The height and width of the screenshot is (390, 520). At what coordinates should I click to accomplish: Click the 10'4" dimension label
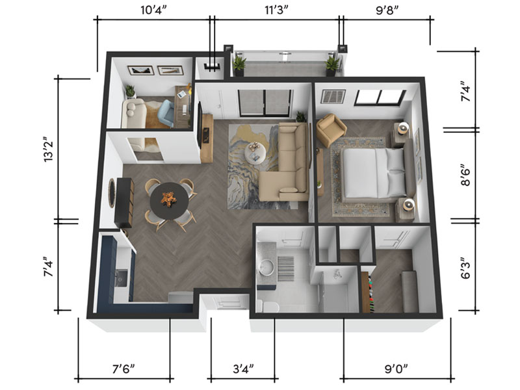pyautogui.click(x=153, y=10)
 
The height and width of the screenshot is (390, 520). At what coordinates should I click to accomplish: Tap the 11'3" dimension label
pyautogui.click(x=276, y=10)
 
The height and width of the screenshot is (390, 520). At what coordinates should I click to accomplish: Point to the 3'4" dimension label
pyautogui.click(x=243, y=369)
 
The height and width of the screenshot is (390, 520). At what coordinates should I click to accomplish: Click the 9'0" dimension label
pyautogui.click(x=396, y=369)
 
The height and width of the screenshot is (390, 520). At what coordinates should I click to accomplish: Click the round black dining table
pyautogui.click(x=169, y=201)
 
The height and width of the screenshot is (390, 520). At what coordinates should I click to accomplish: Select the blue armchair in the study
pyautogui.click(x=166, y=112)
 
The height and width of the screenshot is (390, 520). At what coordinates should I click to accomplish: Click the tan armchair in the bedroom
pyautogui.click(x=331, y=129)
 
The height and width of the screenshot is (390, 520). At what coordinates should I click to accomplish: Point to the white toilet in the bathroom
pyautogui.click(x=267, y=306)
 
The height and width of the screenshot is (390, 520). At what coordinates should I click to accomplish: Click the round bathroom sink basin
pyautogui.click(x=266, y=267)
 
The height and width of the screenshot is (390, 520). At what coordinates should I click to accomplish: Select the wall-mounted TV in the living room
pyautogui.click(x=200, y=125)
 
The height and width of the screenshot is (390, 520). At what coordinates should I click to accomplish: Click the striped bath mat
pyautogui.click(x=285, y=268)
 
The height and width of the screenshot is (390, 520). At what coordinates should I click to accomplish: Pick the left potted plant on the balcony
pyautogui.click(x=239, y=66)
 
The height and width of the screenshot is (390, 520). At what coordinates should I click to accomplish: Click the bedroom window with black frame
pyautogui.click(x=380, y=97)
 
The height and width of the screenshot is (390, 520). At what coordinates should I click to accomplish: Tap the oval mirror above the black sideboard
pyautogui.click(x=112, y=192)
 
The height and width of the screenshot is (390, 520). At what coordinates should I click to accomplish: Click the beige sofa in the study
pyautogui.click(x=133, y=113)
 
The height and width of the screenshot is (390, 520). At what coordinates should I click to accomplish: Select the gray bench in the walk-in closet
pyautogui.click(x=409, y=291)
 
